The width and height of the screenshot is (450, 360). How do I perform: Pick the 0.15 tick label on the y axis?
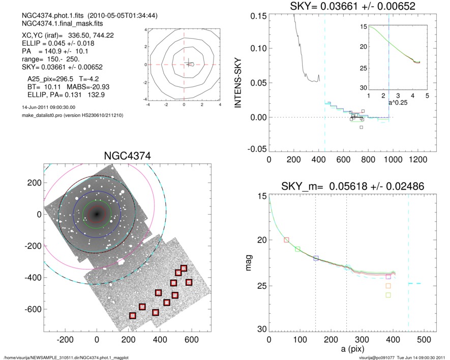259,16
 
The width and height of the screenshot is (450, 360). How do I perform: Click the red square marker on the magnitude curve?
286,240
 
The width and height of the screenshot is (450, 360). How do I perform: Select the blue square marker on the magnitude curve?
316,258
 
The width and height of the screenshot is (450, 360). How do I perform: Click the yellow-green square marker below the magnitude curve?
388,295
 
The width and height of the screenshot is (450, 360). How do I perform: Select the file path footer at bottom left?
66,357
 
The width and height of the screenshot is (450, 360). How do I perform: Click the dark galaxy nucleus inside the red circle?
97,214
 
